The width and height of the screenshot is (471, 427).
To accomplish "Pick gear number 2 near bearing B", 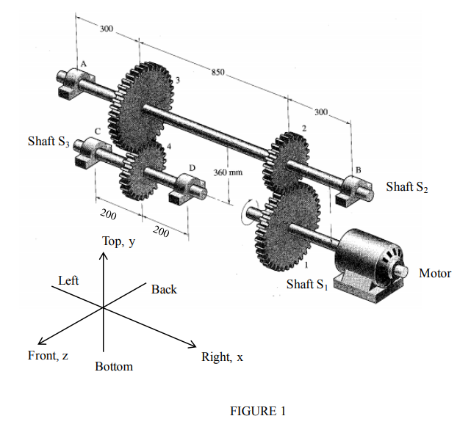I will click(288, 161).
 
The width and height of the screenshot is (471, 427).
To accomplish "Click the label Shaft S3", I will click(48, 142).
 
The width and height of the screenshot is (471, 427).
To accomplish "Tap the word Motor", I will click(434, 274).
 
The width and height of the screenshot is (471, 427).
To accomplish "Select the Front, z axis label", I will click(48, 356).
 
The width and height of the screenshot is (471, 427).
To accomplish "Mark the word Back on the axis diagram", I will click(164, 290).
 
